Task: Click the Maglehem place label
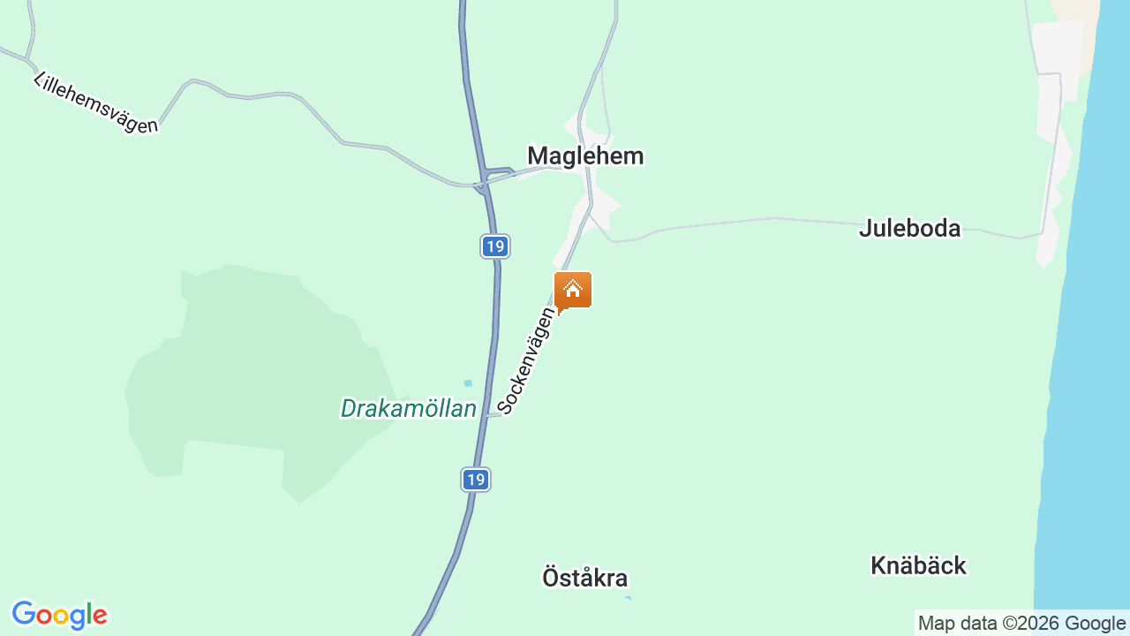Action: pos(585,156)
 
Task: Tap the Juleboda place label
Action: pos(909,229)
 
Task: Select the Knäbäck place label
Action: pos(918,566)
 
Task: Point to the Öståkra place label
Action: pos(584,579)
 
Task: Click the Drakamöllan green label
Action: pos(408,409)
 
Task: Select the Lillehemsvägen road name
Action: pos(95,102)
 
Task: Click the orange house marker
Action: pos(573,290)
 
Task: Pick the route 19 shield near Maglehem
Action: pos(495,246)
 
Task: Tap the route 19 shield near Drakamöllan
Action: pos(475,480)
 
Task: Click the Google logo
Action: pos(59,615)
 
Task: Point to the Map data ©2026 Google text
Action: pos(1021,624)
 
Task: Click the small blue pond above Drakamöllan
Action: pos(468,383)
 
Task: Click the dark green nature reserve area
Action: pos(247,371)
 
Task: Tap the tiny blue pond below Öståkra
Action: pos(628,598)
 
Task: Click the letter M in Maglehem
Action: pos(537,156)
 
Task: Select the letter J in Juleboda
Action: pos(865,229)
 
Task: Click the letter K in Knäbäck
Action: pos(878,566)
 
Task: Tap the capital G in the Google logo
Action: pos(24,615)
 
